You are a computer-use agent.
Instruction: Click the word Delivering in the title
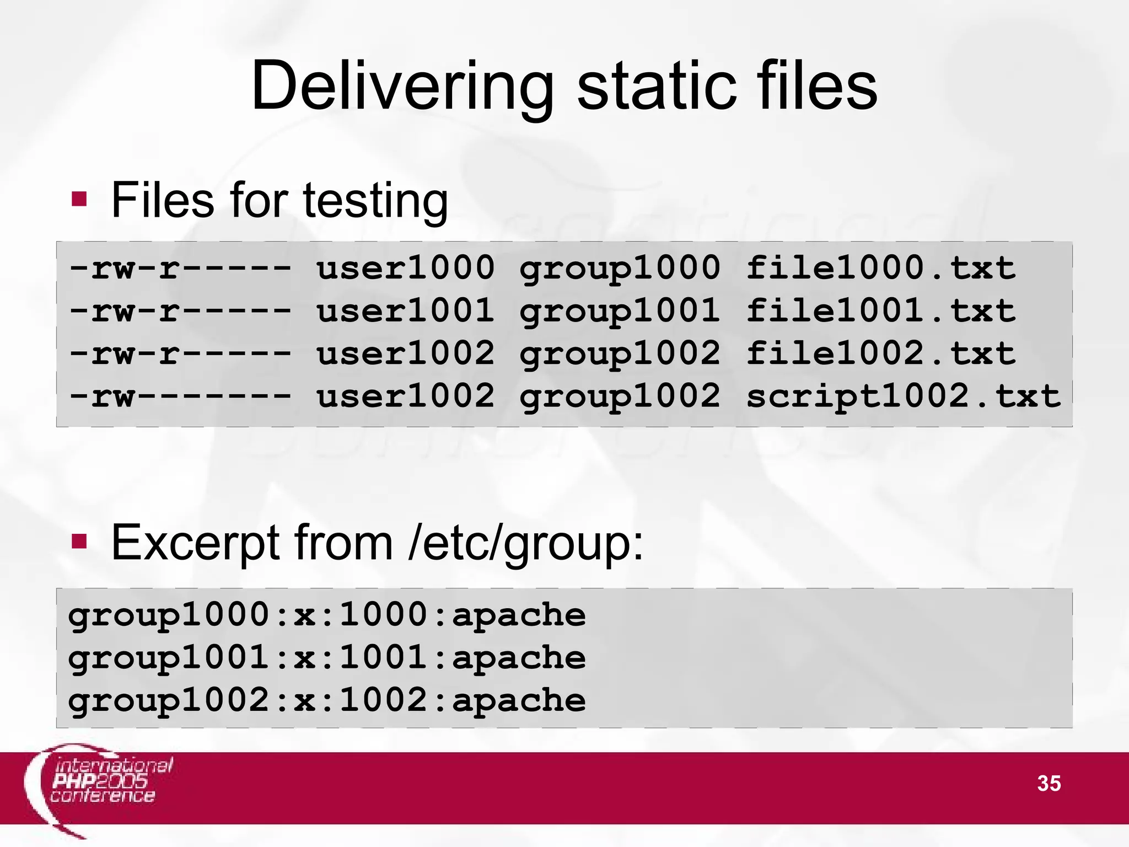click(402, 87)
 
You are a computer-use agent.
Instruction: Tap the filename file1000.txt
click(880, 269)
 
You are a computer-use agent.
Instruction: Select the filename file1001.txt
click(880, 311)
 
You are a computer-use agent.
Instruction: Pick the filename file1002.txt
click(880, 353)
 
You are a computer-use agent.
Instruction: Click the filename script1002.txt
click(903, 396)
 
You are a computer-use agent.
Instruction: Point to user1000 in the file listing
click(405, 269)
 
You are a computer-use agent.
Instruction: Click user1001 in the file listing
click(405, 311)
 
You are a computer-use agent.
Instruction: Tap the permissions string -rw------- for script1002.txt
click(180, 396)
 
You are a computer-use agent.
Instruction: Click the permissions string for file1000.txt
click(180, 269)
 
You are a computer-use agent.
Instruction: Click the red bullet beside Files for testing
click(79, 199)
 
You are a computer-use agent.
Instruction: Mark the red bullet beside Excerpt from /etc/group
click(79, 542)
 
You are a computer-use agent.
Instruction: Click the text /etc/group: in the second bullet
click(526, 544)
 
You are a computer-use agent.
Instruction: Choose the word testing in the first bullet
click(375, 201)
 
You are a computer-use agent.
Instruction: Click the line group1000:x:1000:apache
click(327, 615)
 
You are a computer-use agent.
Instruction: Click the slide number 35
click(1049, 783)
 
